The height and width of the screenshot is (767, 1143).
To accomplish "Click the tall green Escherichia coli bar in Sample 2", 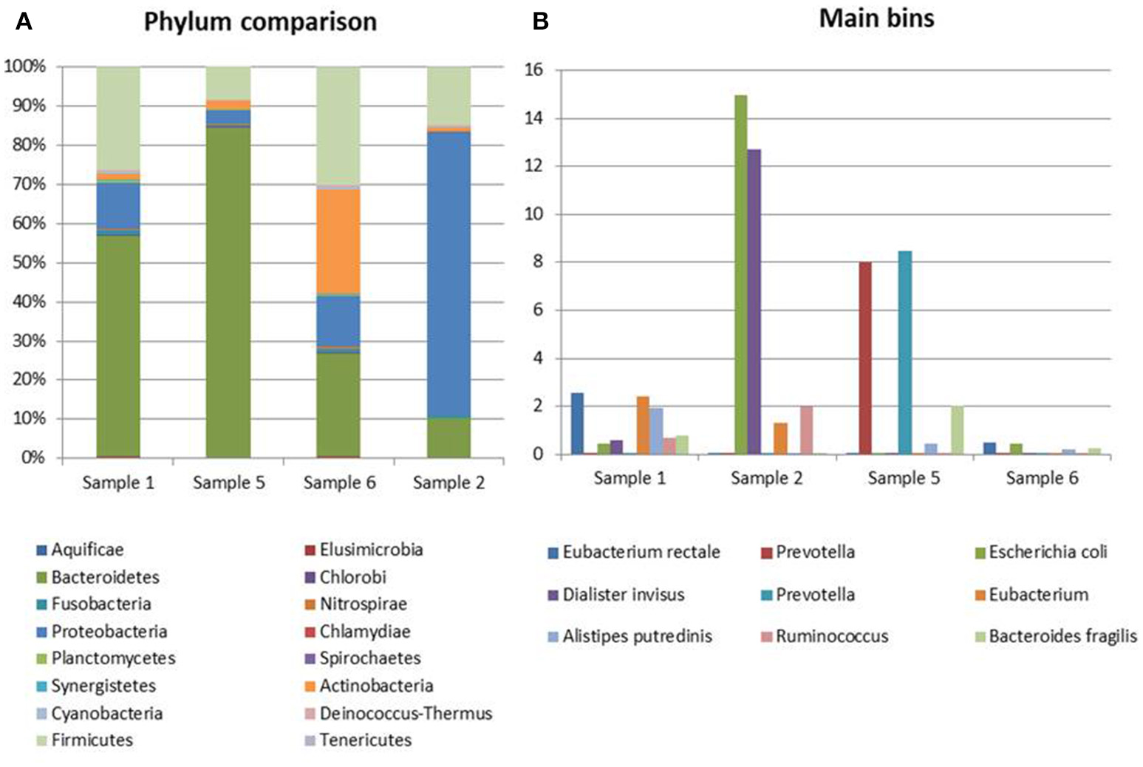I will point(740,273).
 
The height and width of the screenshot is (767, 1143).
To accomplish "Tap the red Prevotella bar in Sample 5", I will point(864,358).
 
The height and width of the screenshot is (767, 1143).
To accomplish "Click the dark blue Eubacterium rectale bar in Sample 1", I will point(577,423).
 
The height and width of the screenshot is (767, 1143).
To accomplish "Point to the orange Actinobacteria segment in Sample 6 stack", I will point(338,241).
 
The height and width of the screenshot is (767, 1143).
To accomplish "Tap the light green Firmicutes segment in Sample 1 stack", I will point(118,118).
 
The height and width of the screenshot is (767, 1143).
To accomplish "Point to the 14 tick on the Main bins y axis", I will point(533,118).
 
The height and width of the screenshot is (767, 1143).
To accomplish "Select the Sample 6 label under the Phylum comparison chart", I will point(339,483).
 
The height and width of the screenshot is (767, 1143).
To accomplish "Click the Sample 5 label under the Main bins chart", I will point(904,478).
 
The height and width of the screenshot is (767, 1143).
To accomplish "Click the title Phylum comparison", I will point(260,21).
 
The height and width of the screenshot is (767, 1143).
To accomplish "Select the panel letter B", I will point(540,21).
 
